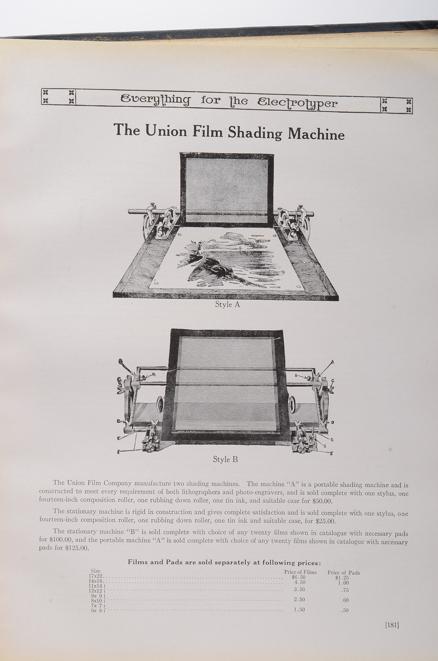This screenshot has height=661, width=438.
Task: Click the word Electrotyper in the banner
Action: pos(297,104)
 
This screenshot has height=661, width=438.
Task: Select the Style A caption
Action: pos(227,304)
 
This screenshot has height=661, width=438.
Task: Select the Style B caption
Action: pos(225,460)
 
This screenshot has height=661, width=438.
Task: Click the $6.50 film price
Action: pos(298,577)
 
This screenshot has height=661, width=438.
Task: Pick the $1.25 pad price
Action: pos(342,578)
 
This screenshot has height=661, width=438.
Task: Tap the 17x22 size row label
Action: pos(96,576)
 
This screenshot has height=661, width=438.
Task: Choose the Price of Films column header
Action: pos(300,572)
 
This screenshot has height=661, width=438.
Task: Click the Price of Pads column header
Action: pos(343,573)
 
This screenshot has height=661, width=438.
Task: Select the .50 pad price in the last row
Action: pos(345,611)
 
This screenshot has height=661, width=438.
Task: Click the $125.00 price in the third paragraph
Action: pos(76,548)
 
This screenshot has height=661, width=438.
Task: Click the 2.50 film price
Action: pos(299,600)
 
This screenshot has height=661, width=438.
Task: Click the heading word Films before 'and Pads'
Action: pos(138,562)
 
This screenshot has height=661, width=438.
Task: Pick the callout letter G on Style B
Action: pos(324,446)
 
